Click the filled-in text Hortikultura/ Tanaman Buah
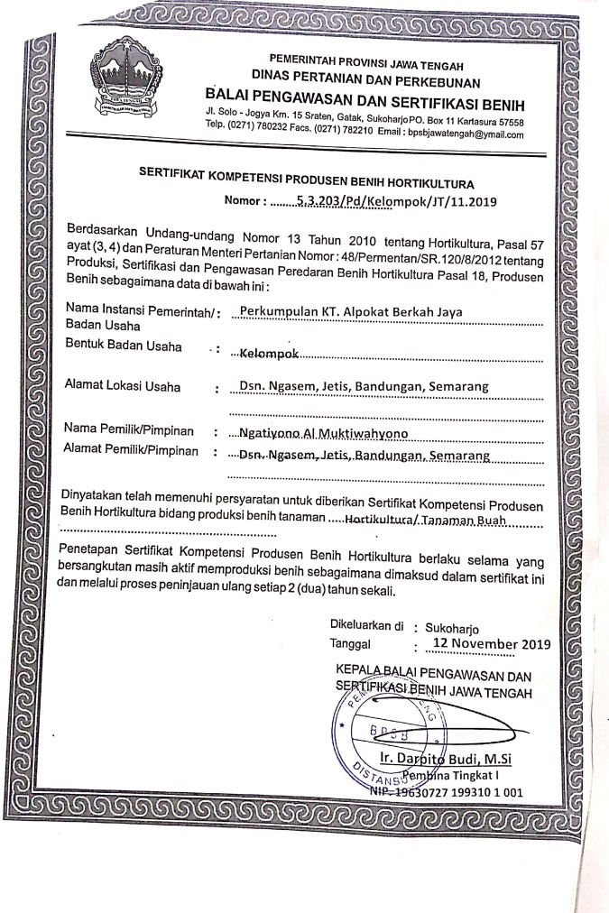pyautogui.click(x=417, y=521)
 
